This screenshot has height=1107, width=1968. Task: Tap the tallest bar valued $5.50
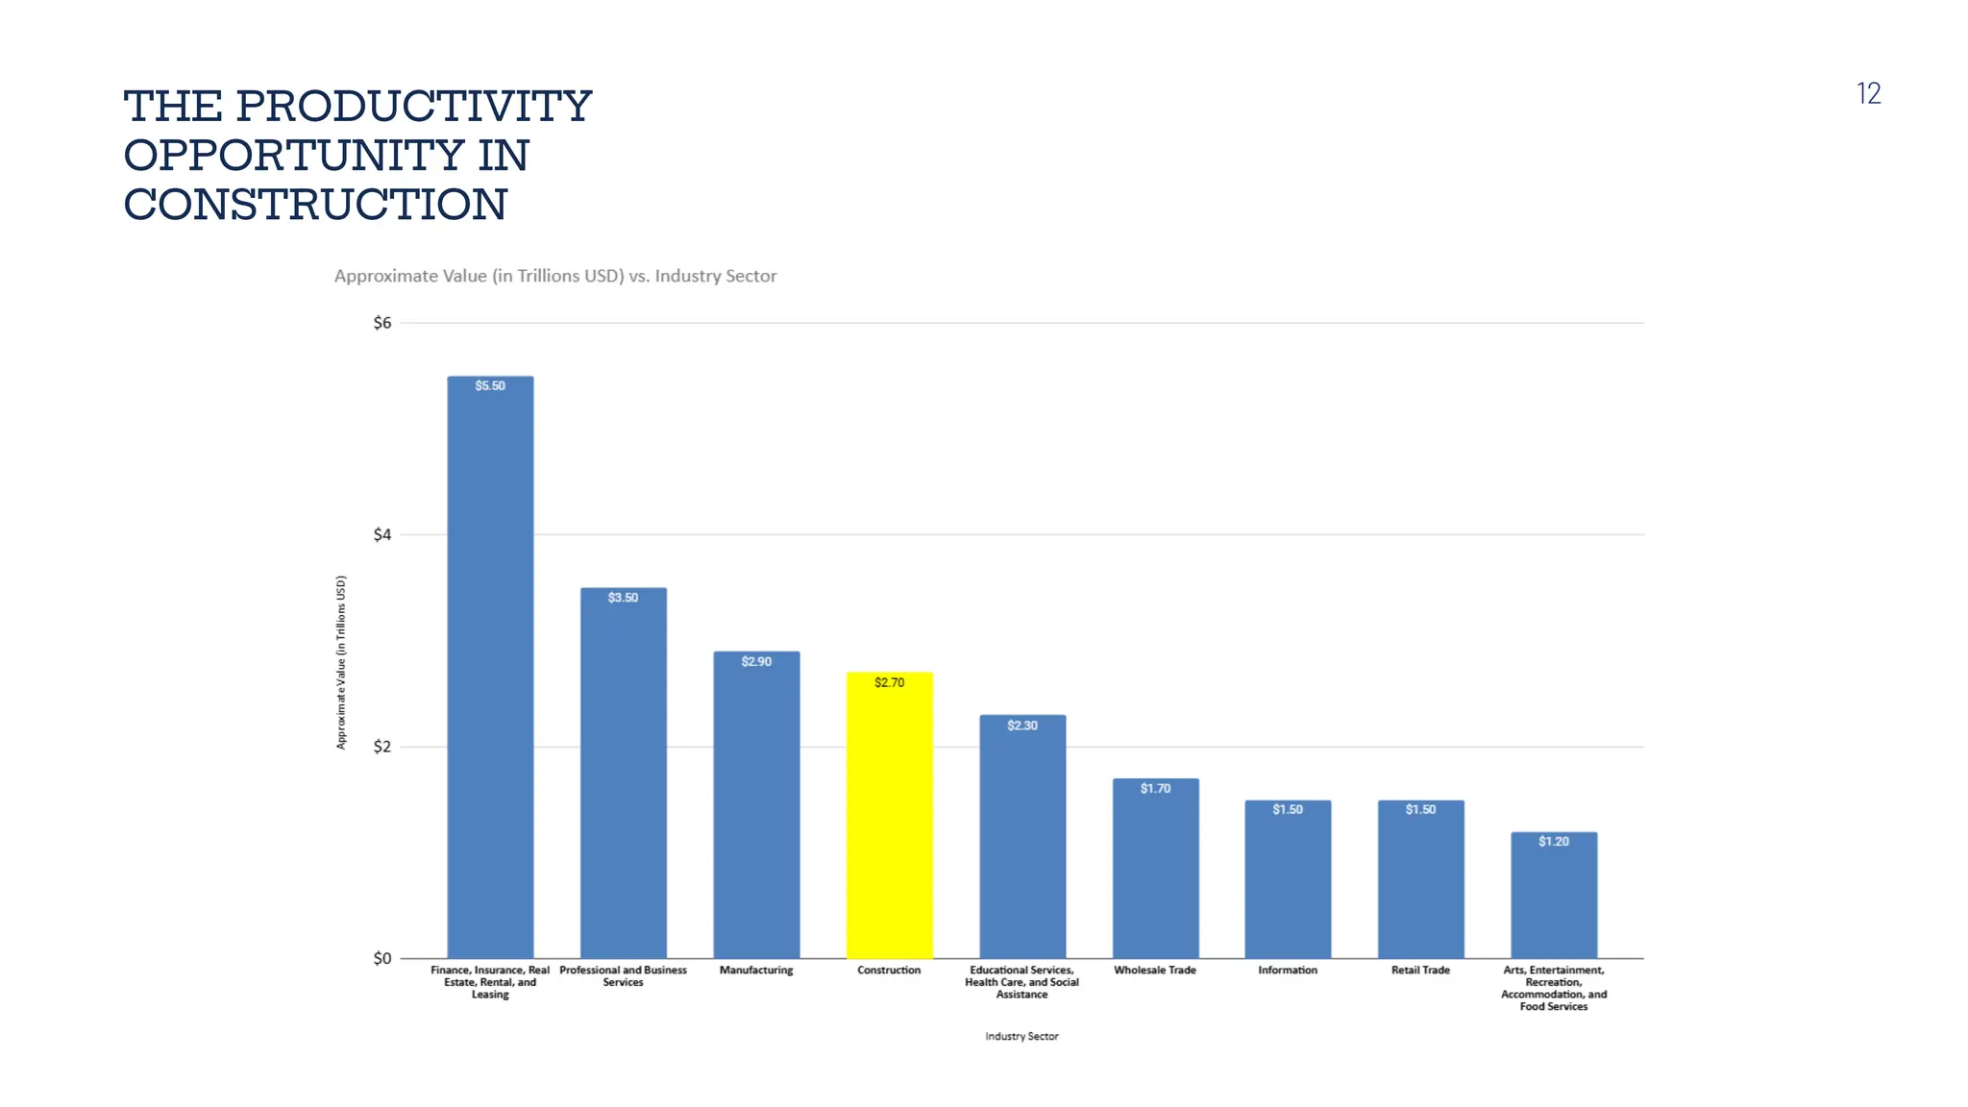point(490,673)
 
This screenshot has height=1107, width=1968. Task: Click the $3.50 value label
point(623,598)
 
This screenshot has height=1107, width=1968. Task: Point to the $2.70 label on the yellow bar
point(889,683)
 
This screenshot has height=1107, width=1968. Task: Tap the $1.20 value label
point(1553,842)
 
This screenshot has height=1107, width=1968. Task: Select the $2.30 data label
point(1022,726)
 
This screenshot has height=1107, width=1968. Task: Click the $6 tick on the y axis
point(382,323)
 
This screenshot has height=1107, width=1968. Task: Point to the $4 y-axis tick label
point(382,535)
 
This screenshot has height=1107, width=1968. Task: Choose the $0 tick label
point(382,958)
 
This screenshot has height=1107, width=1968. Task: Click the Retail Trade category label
point(1420,971)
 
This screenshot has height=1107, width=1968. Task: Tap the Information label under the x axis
point(1288,971)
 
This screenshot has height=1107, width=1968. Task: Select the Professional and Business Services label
point(623,976)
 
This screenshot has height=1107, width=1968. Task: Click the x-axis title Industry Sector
point(1021,1037)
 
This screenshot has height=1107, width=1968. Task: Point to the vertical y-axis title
point(341,662)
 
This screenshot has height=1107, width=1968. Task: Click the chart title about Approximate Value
point(555,277)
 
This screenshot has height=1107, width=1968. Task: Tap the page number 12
point(1868,94)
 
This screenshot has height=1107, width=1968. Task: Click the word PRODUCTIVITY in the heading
point(413,107)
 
